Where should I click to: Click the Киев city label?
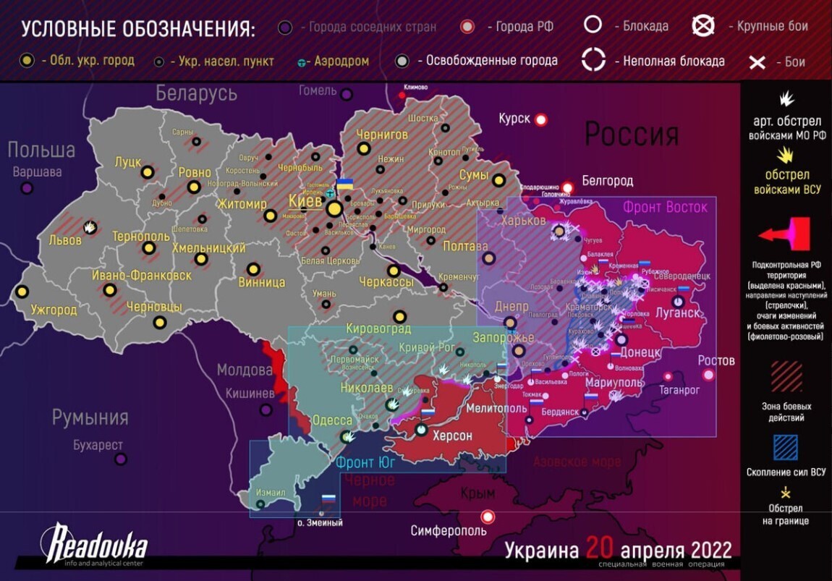305,200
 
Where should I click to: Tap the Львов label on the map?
65,239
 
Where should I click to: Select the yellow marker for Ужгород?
22,292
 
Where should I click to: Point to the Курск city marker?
540,120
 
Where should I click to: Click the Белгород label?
607,180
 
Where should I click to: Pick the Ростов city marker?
708,375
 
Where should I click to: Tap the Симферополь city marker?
488,517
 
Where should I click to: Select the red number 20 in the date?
606,548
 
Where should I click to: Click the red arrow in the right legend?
784,234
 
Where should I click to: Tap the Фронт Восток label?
665,208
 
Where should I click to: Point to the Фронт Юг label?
365,462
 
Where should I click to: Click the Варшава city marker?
27,188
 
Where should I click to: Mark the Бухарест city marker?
121,459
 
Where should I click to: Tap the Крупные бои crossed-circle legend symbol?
703,26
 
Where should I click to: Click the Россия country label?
631,135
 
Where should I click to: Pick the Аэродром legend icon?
302,62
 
